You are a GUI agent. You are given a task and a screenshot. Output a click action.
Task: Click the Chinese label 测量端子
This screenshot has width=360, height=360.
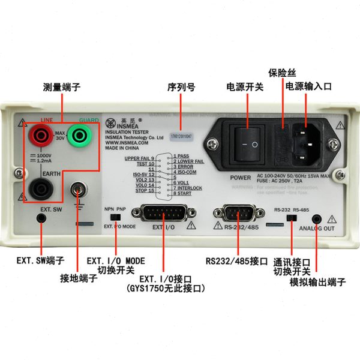click(x=60, y=87)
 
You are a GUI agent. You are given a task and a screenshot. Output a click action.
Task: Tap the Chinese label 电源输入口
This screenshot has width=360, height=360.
click(x=308, y=87)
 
